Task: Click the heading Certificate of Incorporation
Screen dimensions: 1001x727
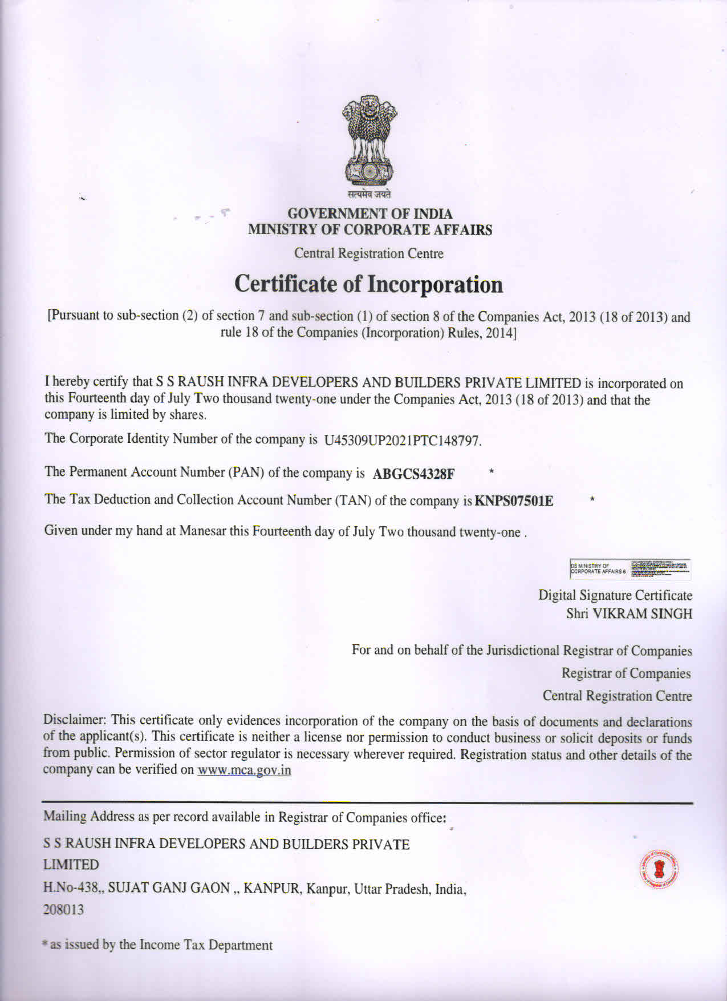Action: (x=369, y=284)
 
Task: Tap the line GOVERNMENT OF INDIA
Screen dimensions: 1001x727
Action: (x=370, y=214)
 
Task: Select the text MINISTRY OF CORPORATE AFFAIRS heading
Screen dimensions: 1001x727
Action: (x=370, y=230)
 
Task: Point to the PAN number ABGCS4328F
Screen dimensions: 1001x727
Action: (x=413, y=474)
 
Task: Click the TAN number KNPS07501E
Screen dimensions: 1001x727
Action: (x=514, y=501)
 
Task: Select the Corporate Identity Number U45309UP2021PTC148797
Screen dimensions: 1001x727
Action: (x=402, y=441)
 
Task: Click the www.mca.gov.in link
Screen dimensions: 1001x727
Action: (x=244, y=770)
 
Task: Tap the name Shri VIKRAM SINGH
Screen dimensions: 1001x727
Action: (x=629, y=614)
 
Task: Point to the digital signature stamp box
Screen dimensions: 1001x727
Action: (x=629, y=568)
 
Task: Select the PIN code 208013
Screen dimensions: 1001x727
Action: (x=63, y=910)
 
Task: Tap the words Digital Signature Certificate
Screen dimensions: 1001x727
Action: (x=615, y=595)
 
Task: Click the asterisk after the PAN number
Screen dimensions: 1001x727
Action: (x=491, y=471)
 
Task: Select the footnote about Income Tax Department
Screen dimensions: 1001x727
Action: (x=158, y=945)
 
